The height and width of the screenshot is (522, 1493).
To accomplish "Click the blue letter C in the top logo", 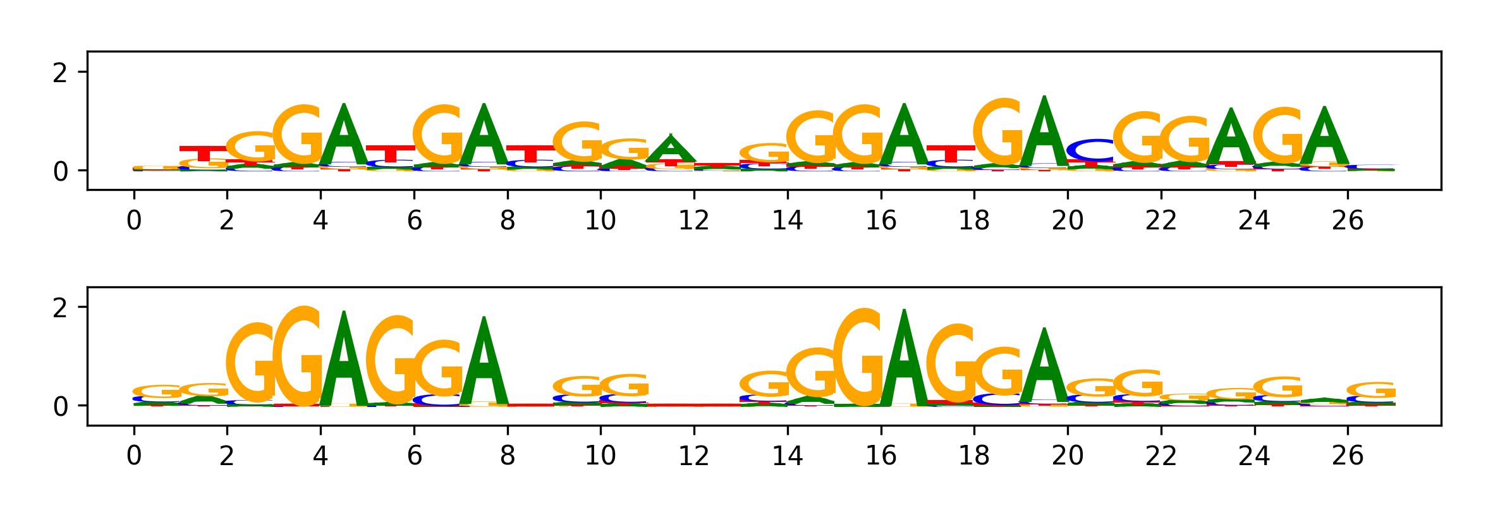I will (1090, 150).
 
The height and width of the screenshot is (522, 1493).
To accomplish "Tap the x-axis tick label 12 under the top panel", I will (693, 221).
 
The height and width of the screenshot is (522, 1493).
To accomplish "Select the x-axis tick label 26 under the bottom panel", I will (1347, 456).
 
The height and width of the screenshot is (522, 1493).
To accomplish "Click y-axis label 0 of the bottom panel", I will (60, 407).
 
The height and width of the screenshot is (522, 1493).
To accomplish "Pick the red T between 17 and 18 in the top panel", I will (951, 154).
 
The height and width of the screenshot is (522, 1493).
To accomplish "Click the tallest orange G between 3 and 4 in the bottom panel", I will (300, 357).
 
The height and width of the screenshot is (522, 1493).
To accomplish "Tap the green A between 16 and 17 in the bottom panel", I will (905, 360).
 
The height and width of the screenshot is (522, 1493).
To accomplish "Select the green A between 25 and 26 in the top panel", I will (1325, 139).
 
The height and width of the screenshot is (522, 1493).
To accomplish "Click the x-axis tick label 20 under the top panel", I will (1067, 221).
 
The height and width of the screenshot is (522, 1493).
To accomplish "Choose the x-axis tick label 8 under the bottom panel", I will (507, 456).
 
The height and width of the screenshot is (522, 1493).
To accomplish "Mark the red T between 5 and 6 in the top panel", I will (390, 154).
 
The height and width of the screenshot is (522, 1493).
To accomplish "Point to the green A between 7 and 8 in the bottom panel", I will (484, 363).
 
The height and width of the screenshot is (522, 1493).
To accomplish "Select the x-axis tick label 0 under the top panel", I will (133, 221).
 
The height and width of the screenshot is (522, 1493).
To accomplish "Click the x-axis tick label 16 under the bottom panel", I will (881, 456).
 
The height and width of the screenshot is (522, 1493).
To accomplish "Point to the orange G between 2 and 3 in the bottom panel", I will (251, 363).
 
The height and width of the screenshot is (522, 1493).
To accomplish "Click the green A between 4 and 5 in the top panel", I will (344, 136).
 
